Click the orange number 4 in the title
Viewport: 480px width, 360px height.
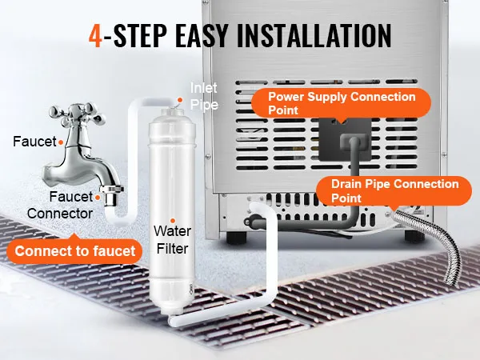pyautogui.click(x=96, y=36)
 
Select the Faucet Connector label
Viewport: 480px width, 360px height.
pyautogui.click(x=61, y=205)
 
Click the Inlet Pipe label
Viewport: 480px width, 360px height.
pyautogui.click(x=202, y=95)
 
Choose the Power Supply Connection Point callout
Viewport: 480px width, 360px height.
pyautogui.click(x=342, y=103)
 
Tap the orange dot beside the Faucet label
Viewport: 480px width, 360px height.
pyautogui.click(x=61, y=142)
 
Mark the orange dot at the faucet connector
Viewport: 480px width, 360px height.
pyautogui.click(x=98, y=194)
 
